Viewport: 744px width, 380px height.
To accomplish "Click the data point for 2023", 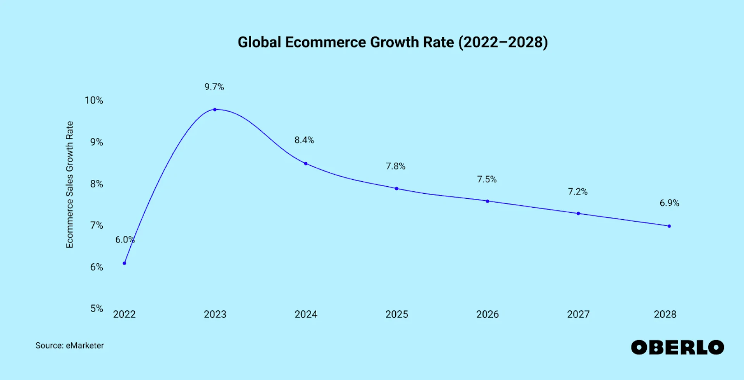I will click(215, 110).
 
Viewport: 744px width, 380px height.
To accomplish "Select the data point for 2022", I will click(124, 263).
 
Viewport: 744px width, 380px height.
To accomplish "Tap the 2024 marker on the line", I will click(306, 164).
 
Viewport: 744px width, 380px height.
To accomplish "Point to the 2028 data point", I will click(669, 226).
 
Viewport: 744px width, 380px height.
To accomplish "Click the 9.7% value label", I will click(214, 87).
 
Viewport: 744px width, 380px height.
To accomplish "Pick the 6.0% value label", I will click(125, 240).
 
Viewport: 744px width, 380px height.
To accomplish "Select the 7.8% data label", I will click(395, 166).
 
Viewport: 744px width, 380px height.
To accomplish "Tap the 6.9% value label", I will click(669, 203).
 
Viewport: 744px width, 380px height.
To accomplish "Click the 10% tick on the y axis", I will click(94, 100).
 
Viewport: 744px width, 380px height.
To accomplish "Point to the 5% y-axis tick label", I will click(96, 309).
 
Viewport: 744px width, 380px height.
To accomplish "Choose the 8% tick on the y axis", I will click(96, 184).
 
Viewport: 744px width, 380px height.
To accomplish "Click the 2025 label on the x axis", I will click(396, 314).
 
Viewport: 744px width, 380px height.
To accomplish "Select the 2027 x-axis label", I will click(578, 314).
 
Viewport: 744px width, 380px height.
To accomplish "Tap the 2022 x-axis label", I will click(124, 314).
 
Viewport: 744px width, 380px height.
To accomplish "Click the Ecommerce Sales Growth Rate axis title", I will click(69, 184).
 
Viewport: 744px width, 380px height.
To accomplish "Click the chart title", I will click(393, 42).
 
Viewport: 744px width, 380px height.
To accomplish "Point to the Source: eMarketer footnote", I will click(70, 346).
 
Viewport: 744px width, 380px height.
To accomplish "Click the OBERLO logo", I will click(677, 347).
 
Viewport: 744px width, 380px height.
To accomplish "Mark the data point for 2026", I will click(487, 201).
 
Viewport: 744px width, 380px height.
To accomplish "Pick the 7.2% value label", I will click(577, 191).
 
